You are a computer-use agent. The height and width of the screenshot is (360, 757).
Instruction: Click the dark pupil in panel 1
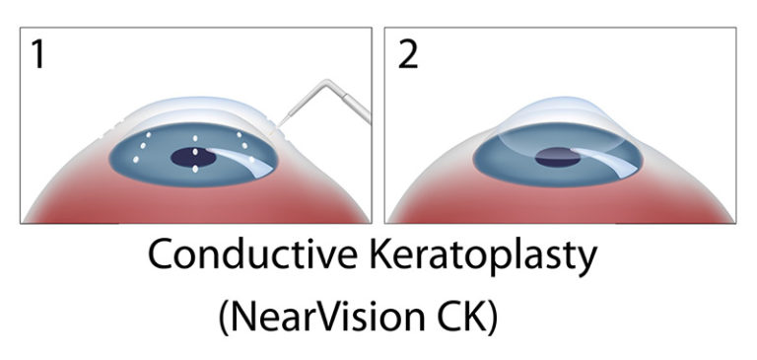coord(195,157)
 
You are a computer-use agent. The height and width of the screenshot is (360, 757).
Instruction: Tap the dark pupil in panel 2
coord(558,156)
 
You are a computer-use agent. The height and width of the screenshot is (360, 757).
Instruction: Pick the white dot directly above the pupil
coord(196,136)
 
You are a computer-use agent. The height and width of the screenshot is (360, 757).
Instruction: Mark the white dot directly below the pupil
coord(195,170)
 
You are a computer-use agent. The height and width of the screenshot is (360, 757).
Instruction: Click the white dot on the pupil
coord(196,154)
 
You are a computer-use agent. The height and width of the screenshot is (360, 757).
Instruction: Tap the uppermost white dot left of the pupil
coord(149,134)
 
